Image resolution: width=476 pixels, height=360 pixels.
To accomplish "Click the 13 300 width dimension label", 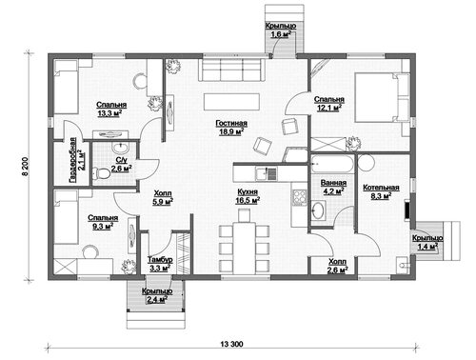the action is pyautogui.click(x=231, y=344).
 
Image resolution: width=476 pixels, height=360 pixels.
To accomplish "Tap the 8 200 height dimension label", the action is pyautogui.click(x=26, y=167).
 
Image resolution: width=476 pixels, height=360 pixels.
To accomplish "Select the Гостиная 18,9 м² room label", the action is pyautogui.click(x=231, y=128).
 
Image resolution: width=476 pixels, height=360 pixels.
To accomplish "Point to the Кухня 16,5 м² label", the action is pyautogui.click(x=248, y=196).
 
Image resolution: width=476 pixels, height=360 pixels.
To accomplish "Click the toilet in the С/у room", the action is pyautogui.click(x=101, y=173).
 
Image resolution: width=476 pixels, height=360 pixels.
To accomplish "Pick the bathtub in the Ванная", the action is pyautogui.click(x=331, y=164).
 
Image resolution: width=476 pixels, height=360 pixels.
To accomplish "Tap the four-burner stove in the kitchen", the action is pyautogui.click(x=299, y=197).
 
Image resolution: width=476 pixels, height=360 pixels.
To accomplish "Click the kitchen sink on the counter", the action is pyautogui.click(x=267, y=173).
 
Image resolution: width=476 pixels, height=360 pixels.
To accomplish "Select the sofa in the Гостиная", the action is pyautogui.click(x=232, y=70).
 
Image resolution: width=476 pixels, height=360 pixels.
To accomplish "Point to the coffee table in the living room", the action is pyautogui.click(x=231, y=102).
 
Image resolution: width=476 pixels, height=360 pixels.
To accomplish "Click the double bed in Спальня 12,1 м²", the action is pyautogui.click(x=382, y=97).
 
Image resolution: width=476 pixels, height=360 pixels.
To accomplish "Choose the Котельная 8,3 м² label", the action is pyautogui.click(x=381, y=191).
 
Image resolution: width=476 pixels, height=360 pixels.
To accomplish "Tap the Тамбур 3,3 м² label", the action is pyautogui.click(x=160, y=264).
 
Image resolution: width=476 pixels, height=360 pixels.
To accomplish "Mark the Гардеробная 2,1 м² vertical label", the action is pyautogui.click(x=76, y=160).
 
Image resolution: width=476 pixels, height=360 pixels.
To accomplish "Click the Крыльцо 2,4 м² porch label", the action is pyautogui.click(x=157, y=295).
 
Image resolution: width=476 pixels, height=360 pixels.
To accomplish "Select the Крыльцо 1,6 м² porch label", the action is pyautogui.click(x=281, y=30).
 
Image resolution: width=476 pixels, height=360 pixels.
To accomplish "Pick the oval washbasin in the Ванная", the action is pyautogui.click(x=318, y=210).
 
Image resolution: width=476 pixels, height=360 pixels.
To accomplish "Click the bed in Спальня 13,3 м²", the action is pyautogui.click(x=66, y=87).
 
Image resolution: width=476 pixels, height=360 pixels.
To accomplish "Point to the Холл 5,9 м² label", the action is pyautogui.click(x=163, y=197).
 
